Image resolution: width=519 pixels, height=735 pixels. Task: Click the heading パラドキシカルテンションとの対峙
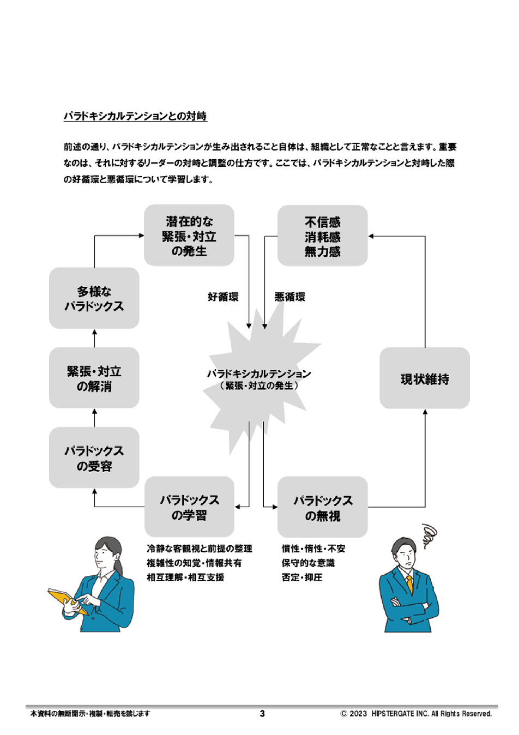click(x=135, y=116)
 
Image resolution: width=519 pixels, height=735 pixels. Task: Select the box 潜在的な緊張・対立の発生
click(x=189, y=236)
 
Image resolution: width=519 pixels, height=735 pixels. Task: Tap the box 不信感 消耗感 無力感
click(x=322, y=236)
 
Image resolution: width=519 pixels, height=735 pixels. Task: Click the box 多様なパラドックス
click(x=94, y=298)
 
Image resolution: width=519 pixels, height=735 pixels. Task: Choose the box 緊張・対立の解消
click(x=94, y=378)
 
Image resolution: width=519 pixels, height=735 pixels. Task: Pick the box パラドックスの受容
click(x=94, y=458)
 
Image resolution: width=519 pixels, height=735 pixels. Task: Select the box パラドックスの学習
click(x=189, y=507)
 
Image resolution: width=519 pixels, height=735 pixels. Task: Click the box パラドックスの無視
click(x=322, y=508)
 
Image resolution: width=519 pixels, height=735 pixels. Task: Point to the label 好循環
click(x=223, y=297)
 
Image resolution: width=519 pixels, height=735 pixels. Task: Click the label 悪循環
click(x=290, y=297)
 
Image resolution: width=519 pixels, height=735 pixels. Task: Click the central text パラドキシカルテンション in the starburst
click(x=259, y=374)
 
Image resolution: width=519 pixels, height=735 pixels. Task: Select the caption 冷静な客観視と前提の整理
click(x=200, y=549)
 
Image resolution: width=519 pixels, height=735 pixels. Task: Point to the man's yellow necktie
click(x=409, y=585)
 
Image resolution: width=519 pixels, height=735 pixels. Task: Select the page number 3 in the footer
click(x=262, y=714)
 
